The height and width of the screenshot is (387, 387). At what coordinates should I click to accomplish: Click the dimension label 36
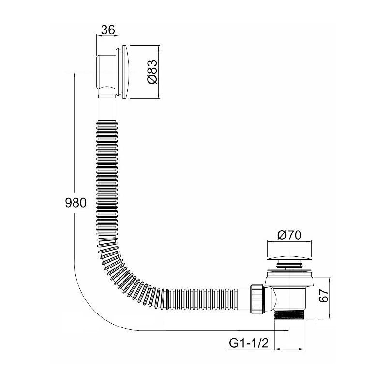point(108,30)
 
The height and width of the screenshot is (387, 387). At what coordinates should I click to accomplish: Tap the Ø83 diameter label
point(152,72)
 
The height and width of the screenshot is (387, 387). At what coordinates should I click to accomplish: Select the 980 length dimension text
point(76,203)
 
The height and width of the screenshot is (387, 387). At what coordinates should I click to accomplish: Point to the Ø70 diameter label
point(289,235)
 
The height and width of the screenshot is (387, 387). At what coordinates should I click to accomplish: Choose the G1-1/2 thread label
point(249,343)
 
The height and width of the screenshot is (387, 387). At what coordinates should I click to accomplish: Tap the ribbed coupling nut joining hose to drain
point(257,299)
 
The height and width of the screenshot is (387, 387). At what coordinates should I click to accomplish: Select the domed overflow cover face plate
point(126,72)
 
